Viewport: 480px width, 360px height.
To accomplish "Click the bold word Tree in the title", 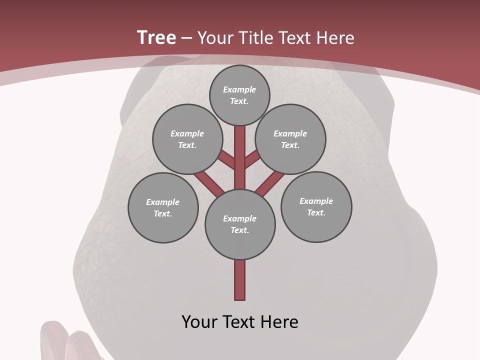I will coord(156,38).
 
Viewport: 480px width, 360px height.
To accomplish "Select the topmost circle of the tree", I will coord(239,95).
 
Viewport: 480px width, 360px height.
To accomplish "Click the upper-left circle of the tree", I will coord(187,139).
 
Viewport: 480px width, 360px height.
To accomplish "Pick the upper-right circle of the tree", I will coord(290,139).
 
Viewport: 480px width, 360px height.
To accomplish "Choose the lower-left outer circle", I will coord(163,207).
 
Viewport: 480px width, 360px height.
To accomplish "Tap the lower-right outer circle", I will coord(316,206).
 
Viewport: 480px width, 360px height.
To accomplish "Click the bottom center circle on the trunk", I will coord(240,224).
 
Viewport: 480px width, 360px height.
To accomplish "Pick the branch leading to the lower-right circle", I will coord(270,183).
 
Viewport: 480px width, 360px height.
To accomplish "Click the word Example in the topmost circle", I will coord(239,89).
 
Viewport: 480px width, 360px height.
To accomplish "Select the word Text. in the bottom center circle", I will coord(239,230).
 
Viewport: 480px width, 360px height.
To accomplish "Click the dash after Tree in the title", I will coord(186,38).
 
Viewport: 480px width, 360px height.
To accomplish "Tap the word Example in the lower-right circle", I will coord(316,201).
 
